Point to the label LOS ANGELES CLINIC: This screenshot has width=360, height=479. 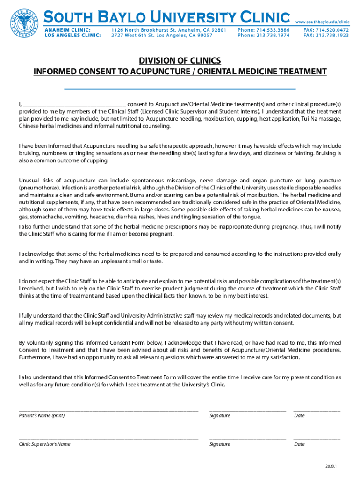coord(72,36)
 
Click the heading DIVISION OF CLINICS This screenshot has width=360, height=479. coord(180,61)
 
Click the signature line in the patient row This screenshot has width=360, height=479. coord(247,410)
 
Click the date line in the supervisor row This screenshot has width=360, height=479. coord(317,438)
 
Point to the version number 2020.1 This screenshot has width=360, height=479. coord(331,467)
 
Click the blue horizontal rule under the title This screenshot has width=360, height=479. coord(180,88)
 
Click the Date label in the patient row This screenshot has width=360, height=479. coord(299,416)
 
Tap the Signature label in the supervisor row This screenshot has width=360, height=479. coord(220,444)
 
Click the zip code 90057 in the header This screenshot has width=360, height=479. coord(204,36)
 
